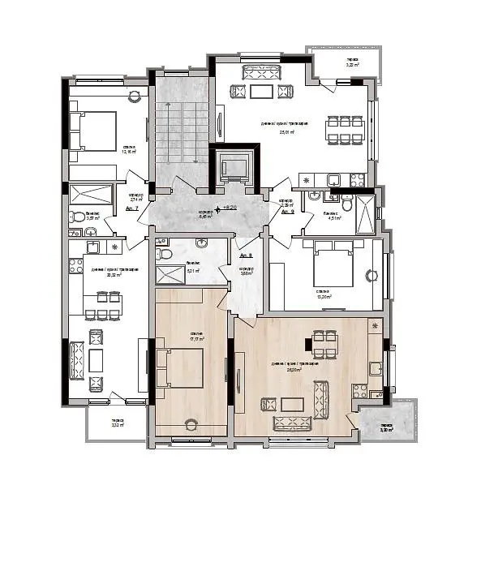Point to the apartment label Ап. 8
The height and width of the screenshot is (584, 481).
(247, 255)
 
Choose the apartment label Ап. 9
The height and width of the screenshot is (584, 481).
(287, 212)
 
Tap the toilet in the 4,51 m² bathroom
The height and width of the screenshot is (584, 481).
(333, 195)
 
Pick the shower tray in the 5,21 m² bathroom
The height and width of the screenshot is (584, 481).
(170, 273)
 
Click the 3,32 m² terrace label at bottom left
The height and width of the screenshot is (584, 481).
(117, 423)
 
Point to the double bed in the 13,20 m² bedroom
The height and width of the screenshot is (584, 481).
(333, 267)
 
